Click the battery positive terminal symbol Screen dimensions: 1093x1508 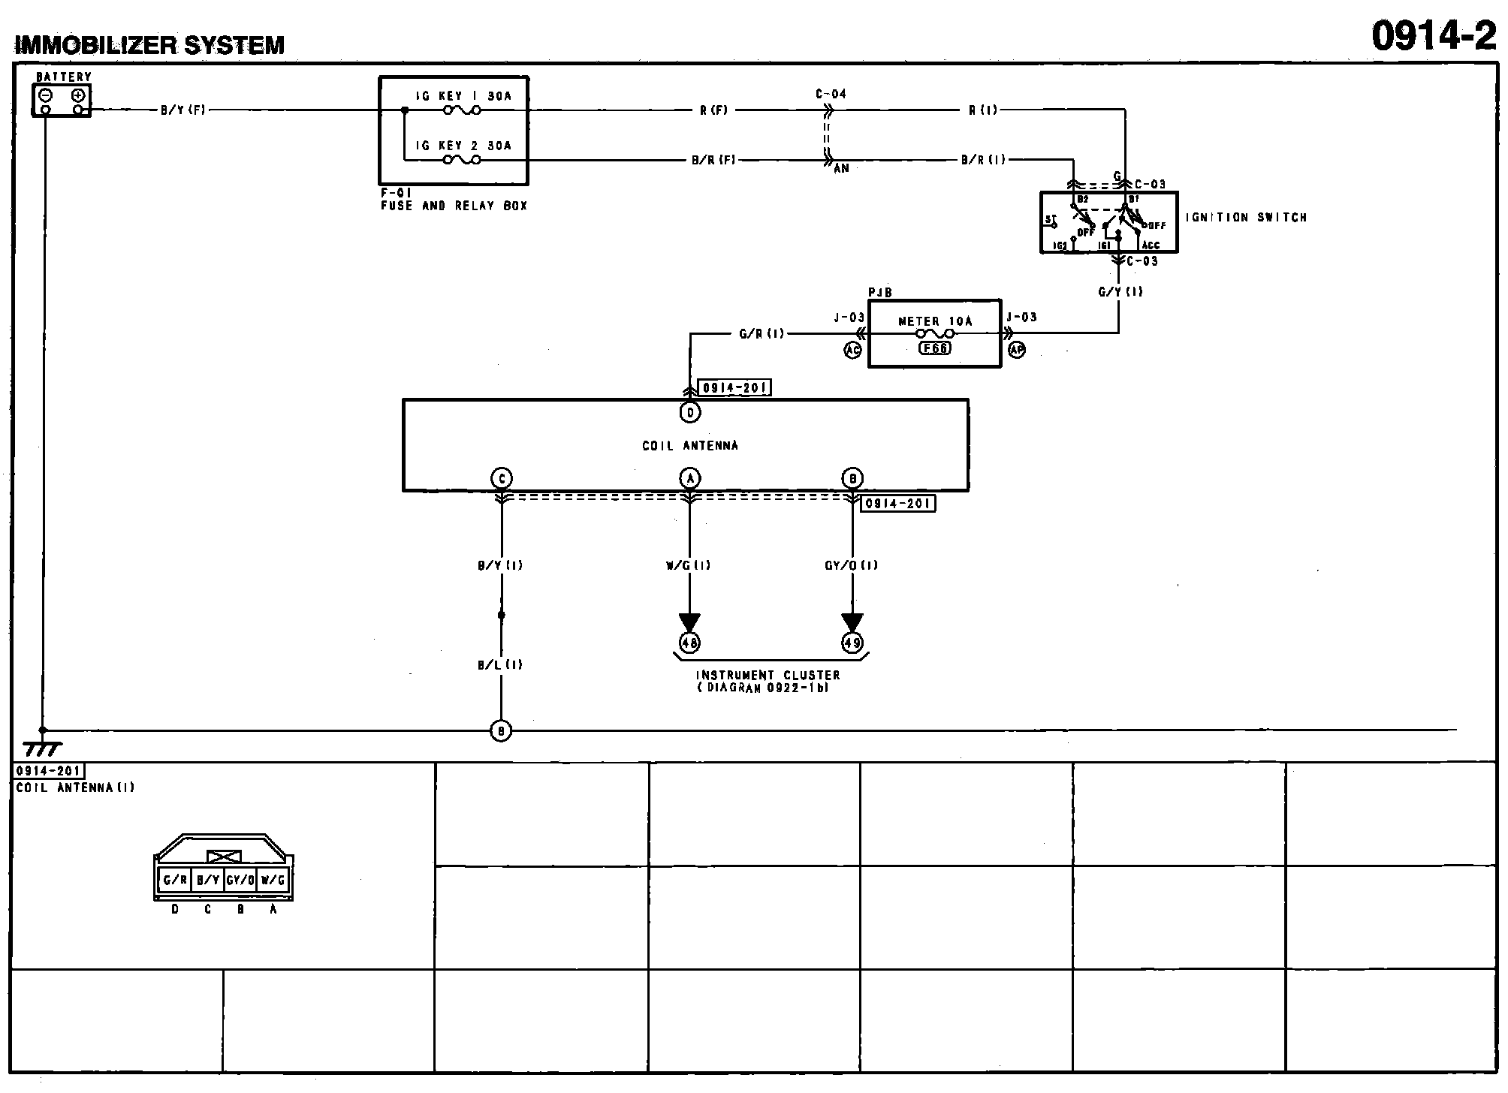click(77, 95)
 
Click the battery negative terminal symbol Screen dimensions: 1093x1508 click(46, 95)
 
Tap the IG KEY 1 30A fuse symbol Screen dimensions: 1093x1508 click(461, 110)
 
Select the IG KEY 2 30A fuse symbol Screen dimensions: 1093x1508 click(461, 159)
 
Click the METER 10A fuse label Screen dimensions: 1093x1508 click(935, 321)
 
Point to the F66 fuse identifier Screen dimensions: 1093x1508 click(935, 348)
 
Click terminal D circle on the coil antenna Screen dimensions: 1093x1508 click(689, 412)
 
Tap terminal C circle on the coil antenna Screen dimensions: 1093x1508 click(501, 478)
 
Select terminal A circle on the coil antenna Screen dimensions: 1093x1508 click(689, 478)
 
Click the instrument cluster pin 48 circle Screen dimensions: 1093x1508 click(689, 643)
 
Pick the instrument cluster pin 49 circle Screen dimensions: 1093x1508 click(852, 643)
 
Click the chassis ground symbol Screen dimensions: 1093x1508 click(42, 748)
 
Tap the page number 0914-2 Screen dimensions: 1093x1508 click(1433, 35)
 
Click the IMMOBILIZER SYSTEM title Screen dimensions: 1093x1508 click(150, 46)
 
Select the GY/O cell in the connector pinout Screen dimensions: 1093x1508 click(240, 880)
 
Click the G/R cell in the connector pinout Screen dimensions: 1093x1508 click(175, 880)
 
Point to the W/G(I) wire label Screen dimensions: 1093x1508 click(688, 565)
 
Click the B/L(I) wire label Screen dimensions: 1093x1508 click(500, 664)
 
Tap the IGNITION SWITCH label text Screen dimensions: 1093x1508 click(1246, 218)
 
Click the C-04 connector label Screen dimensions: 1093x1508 click(831, 94)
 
